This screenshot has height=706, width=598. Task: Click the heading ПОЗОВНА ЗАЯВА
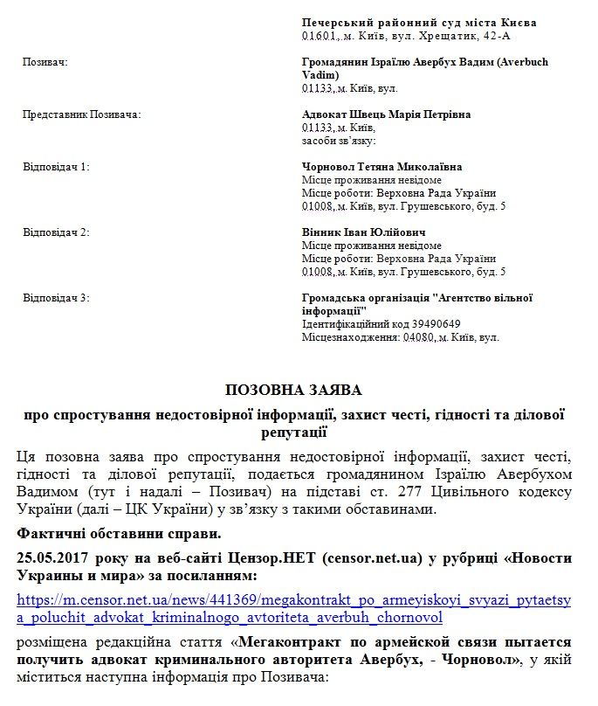pos(293,390)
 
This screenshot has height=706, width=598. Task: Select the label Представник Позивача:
pos(80,114)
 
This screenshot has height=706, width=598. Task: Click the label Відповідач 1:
pos(56,166)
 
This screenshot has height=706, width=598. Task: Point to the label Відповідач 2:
pos(56,232)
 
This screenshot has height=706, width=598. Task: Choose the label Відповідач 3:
pos(56,298)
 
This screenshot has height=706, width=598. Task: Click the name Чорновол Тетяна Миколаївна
pos(382,167)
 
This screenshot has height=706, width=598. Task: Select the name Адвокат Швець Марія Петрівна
pos(386,114)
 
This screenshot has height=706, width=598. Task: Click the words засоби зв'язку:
pos(339,141)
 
